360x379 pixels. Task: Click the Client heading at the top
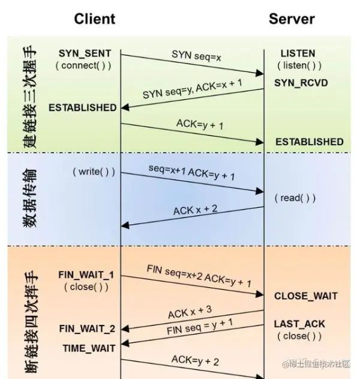(94, 19)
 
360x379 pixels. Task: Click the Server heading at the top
(292, 19)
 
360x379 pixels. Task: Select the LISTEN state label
(298, 53)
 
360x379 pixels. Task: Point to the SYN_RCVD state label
(301, 82)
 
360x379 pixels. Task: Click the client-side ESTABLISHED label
(82, 108)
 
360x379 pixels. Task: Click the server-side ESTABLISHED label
(310, 142)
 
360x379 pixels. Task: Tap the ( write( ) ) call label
(94, 171)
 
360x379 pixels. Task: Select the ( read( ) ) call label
(295, 198)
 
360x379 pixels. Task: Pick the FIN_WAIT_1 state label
(86, 274)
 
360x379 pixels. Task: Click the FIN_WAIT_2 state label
(86, 329)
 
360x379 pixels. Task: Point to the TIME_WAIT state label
(89, 348)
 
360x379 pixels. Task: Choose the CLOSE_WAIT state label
(305, 296)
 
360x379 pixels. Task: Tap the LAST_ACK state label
(299, 324)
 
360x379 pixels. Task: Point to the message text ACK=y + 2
(195, 360)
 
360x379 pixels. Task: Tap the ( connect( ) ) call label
(86, 65)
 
